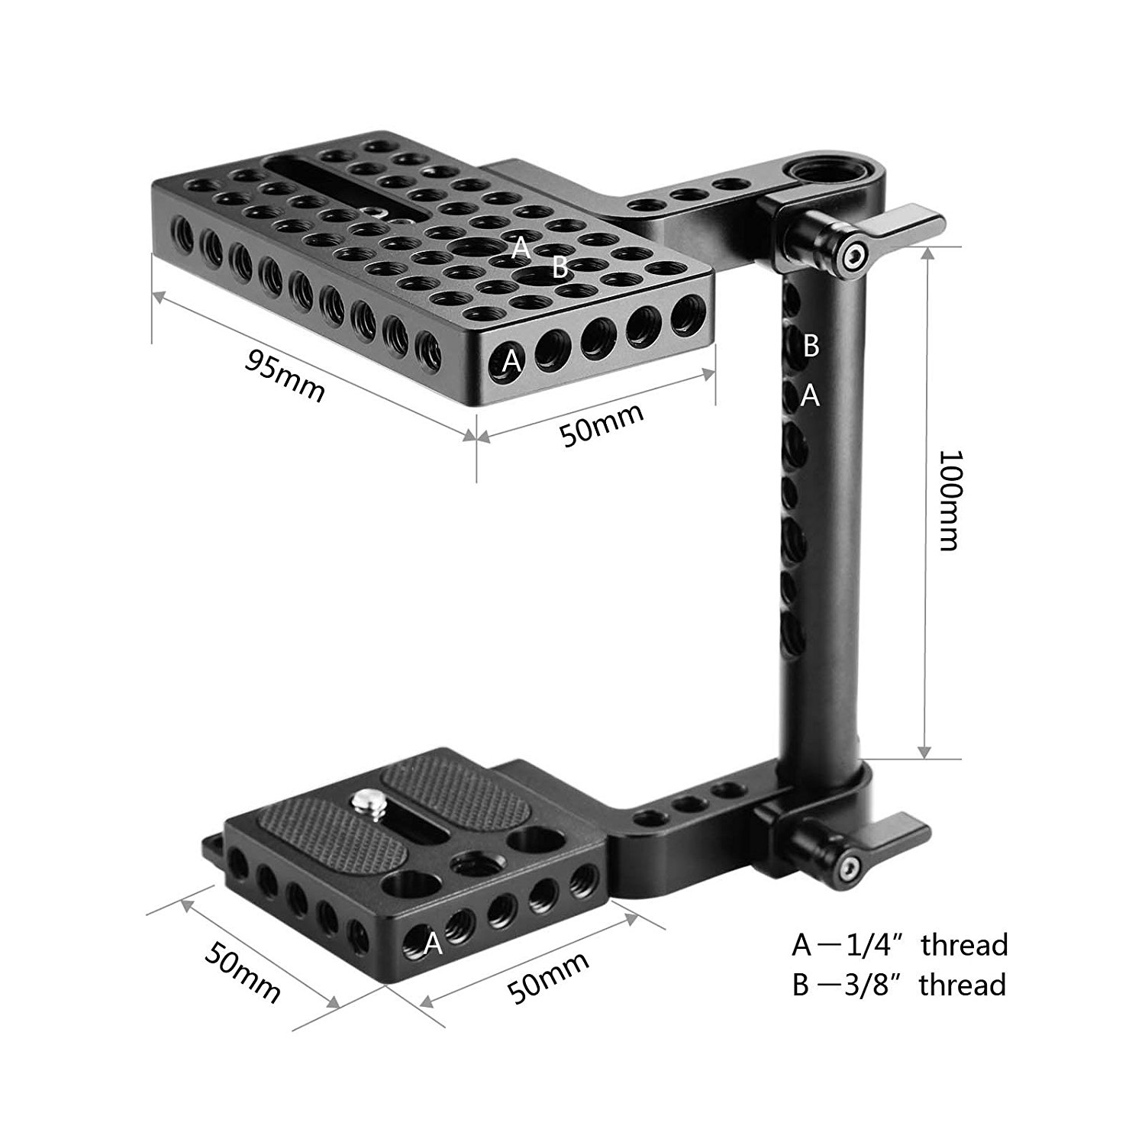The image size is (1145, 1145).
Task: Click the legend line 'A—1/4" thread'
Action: click(x=900, y=945)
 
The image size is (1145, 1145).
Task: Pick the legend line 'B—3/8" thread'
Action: click(x=898, y=985)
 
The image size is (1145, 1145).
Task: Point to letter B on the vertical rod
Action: click(x=811, y=346)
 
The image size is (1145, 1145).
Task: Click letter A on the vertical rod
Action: click(x=810, y=395)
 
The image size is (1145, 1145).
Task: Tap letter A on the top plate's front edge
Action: click(x=511, y=361)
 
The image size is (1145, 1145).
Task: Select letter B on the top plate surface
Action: click(x=560, y=267)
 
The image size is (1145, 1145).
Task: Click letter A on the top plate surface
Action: click(x=521, y=247)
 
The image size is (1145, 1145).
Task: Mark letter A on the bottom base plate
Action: click(x=433, y=944)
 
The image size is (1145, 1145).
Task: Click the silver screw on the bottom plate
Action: click(x=363, y=802)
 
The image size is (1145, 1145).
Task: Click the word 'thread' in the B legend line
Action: click(x=963, y=985)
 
